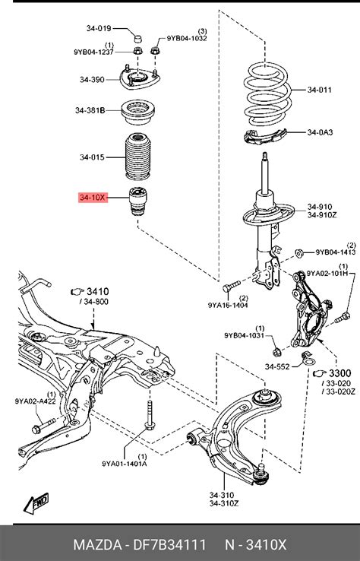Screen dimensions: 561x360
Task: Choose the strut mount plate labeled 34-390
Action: point(141,78)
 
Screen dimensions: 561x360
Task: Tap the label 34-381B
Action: point(90,110)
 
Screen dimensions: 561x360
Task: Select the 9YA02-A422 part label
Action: point(35,401)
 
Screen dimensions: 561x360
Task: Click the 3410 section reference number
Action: point(98,290)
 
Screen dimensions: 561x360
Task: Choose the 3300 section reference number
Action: point(339,373)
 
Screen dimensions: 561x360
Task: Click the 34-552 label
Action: point(278,366)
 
